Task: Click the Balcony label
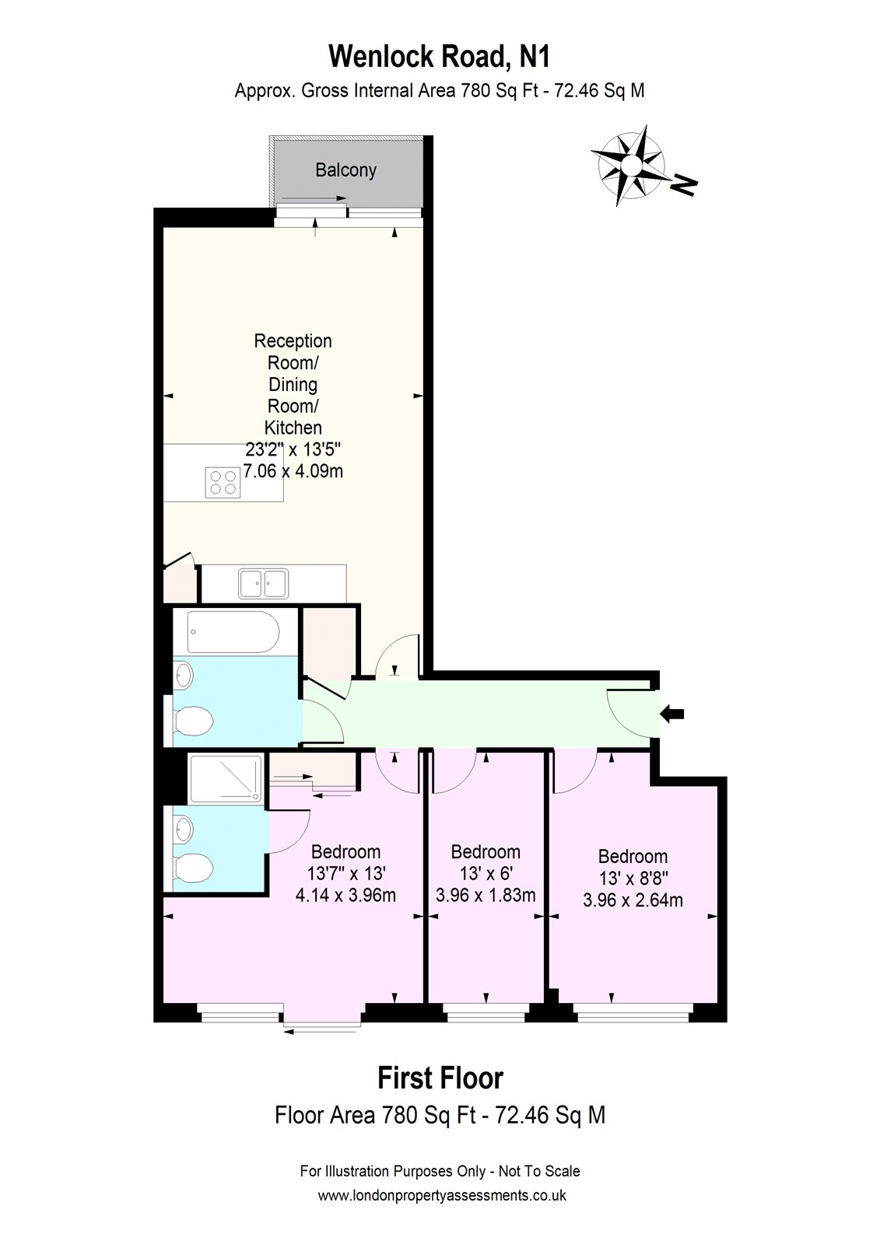pos(345,170)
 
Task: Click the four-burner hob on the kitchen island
pos(222,482)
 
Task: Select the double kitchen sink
pos(264,583)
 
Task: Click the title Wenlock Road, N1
pos(440,57)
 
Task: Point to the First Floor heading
pos(440,1078)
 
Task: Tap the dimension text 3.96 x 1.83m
pos(486,895)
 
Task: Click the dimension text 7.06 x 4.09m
pos(293,471)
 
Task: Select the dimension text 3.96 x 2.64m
pos(633,900)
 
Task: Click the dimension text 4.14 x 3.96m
pos(345,895)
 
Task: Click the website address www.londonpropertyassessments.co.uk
pos(441,1196)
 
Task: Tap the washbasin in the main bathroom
pos(182,674)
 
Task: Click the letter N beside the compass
pos(684,184)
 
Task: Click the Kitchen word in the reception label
pos(293,428)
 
